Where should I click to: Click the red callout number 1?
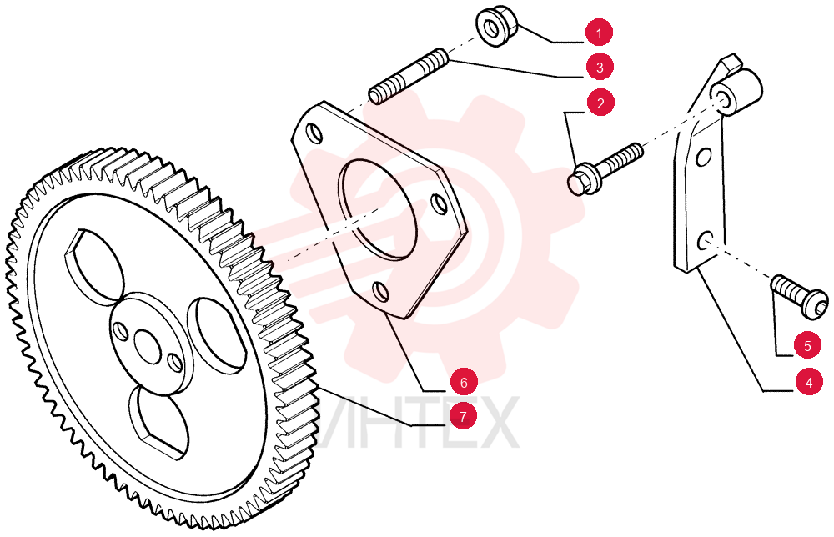[x=599, y=33]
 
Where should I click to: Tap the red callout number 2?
[x=600, y=103]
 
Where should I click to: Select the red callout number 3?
[x=600, y=68]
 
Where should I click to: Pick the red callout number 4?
[x=809, y=382]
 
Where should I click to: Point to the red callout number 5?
[x=807, y=346]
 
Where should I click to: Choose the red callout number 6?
[x=463, y=382]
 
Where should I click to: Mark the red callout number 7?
[x=463, y=416]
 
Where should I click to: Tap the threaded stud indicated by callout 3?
[x=409, y=76]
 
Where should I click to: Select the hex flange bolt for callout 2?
[x=605, y=169]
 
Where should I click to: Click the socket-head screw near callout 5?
[x=801, y=296]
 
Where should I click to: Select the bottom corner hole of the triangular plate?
[x=381, y=291]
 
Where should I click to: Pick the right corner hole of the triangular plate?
[x=440, y=204]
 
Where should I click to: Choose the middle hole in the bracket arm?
[x=703, y=157]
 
